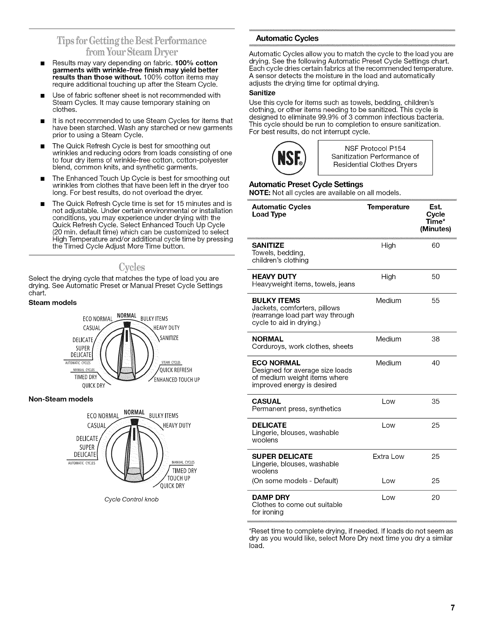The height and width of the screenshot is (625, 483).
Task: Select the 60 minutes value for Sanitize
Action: (436, 245)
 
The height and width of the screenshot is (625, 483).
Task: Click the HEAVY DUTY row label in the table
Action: (274, 277)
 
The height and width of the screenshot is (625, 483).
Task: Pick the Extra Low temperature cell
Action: (388, 457)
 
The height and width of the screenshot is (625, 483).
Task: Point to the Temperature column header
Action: (388, 207)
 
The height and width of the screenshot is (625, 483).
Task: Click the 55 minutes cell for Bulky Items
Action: (436, 301)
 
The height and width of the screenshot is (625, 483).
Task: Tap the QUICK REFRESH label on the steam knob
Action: (176, 370)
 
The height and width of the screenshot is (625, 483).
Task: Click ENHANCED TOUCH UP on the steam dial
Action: (177, 380)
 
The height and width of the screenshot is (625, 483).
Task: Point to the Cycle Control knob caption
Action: (131, 500)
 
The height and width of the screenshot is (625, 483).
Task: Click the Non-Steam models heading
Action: (61, 399)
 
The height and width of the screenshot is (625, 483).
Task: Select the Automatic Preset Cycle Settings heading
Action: (306, 185)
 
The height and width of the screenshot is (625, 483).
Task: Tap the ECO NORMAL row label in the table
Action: (276, 363)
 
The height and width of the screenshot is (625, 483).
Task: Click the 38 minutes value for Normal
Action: (436, 339)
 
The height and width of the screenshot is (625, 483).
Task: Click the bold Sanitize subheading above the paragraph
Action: (262, 93)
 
